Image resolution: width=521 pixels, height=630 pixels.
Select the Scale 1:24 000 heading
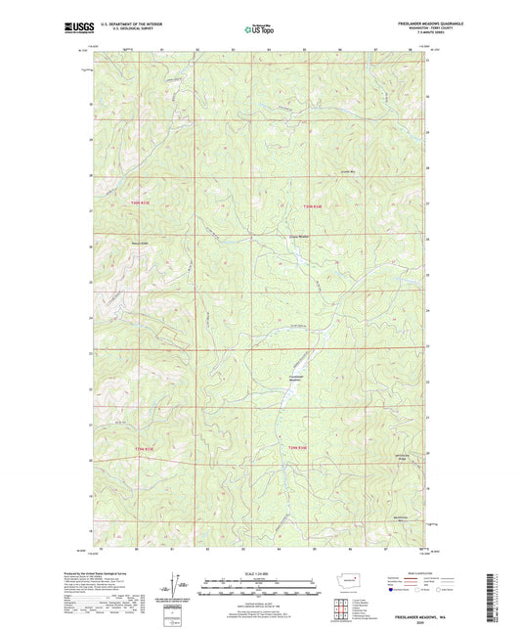pyautogui.click(x=259, y=572)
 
